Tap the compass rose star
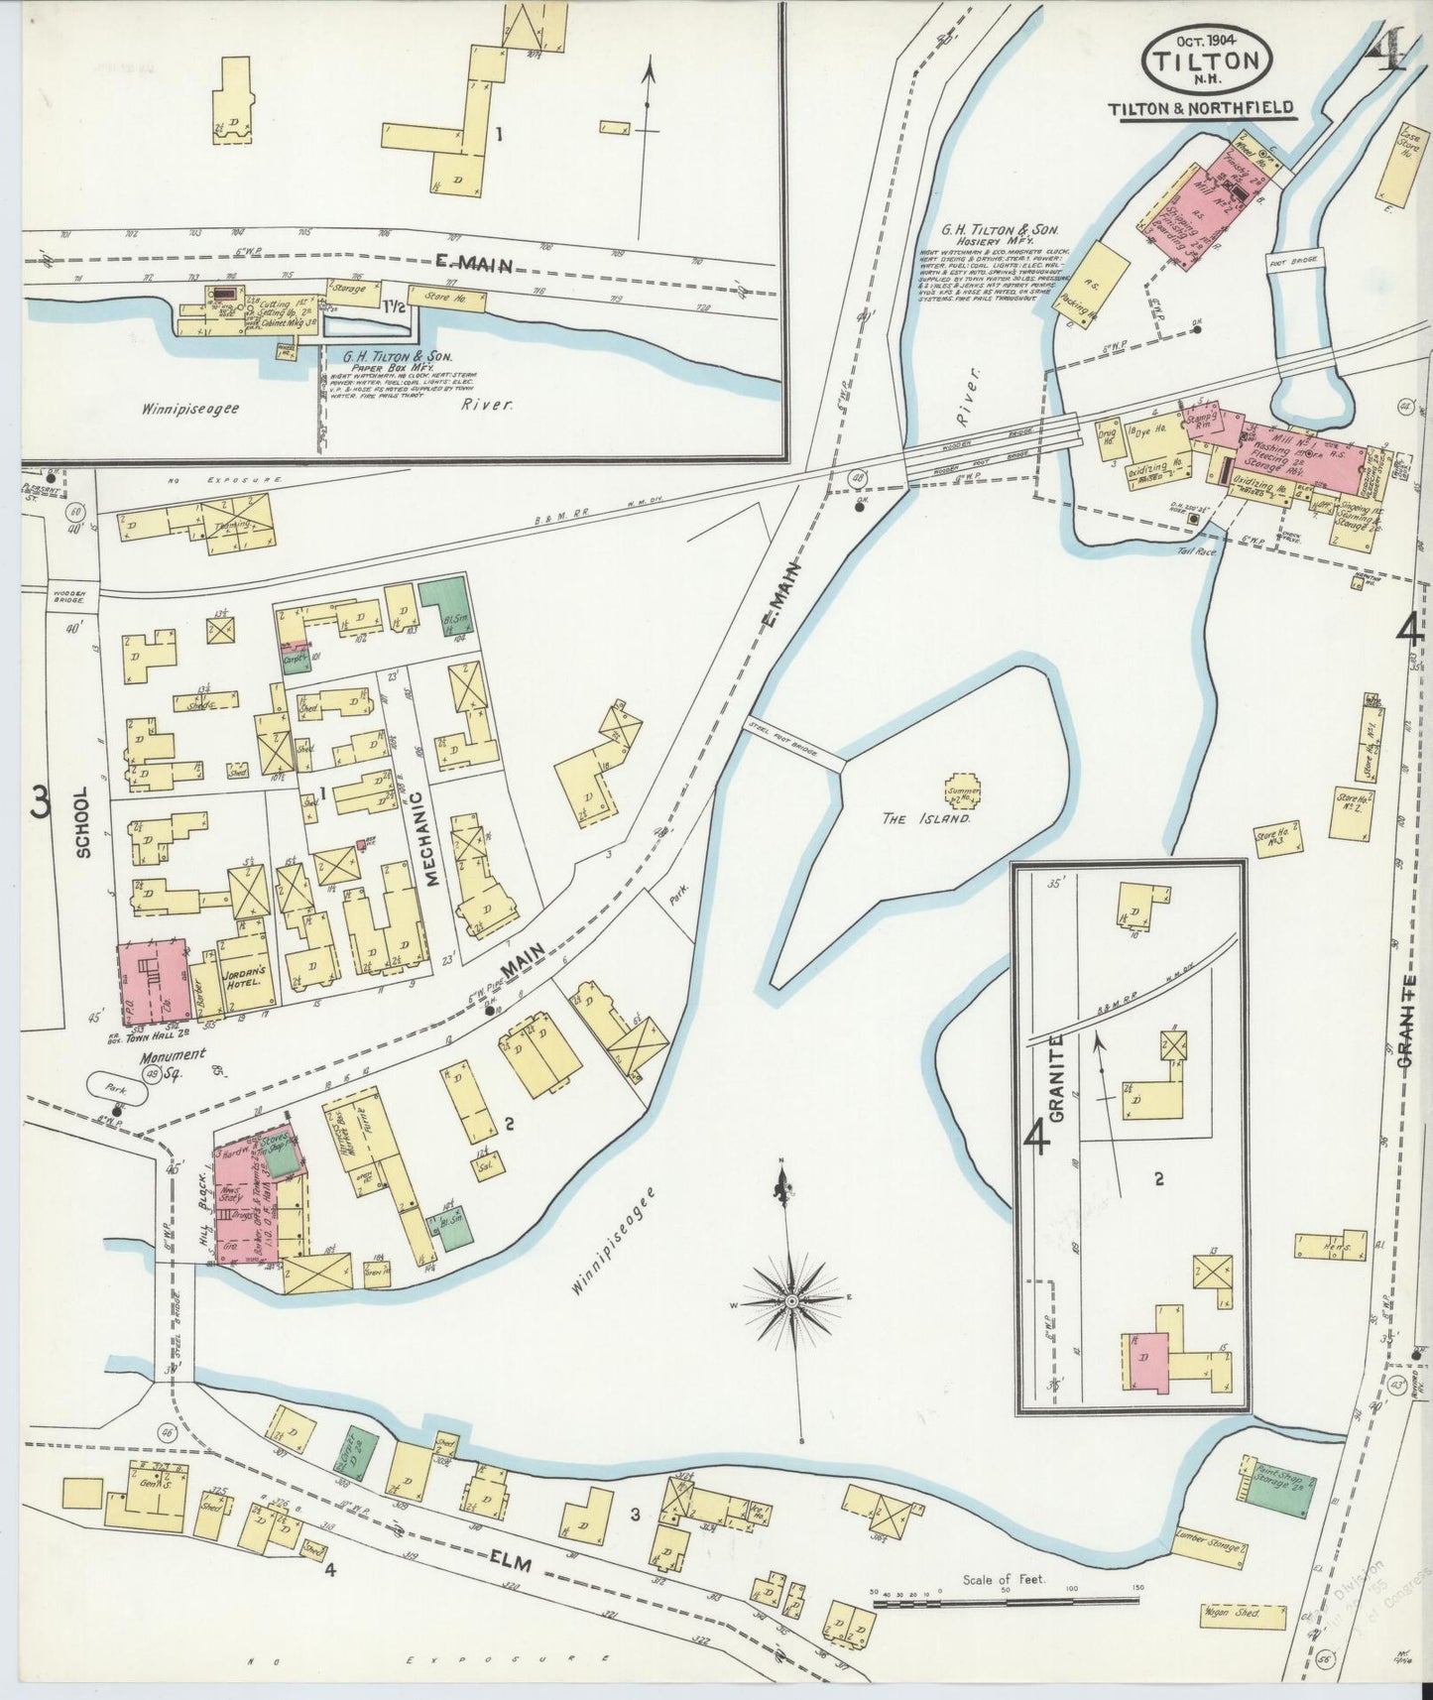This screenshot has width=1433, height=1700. pyautogui.click(x=792, y=1299)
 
